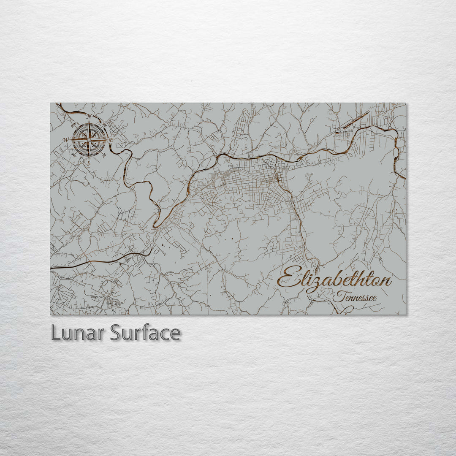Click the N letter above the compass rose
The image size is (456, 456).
pos(89,117)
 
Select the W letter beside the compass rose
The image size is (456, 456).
pos(66,140)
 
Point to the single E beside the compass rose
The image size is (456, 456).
pos(111,140)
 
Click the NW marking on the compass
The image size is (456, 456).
pos(73,125)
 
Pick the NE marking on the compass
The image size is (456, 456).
pos(104,125)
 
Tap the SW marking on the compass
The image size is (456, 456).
pos(73,155)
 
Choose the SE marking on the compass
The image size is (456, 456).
pos(104,155)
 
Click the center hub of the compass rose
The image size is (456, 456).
pos(89,140)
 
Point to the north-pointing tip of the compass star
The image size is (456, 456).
pos(89,123)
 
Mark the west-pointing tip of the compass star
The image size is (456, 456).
pos(72,140)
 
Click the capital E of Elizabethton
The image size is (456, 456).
pos(287,279)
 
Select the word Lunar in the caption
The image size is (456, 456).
pos(78,333)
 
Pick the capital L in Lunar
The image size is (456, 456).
pos(55,333)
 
